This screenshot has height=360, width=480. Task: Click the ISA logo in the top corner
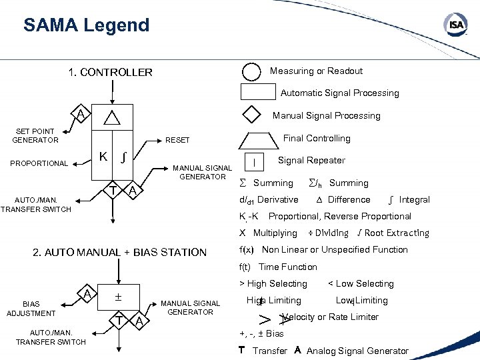coord(455,25)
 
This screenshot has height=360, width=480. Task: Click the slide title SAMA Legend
coord(86,26)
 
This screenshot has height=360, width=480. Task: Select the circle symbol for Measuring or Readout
coord(251,71)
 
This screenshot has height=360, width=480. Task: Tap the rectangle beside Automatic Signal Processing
coord(257,93)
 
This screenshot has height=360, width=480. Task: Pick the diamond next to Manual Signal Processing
coord(251,115)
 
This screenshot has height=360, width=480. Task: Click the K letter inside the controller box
coord(103,157)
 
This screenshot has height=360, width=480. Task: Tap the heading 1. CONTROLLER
coord(110,72)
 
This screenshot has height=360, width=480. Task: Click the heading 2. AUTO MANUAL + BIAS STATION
coord(120,252)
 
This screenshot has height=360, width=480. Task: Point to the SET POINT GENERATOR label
coord(35,135)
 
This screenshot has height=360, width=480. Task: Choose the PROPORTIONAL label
coord(39,163)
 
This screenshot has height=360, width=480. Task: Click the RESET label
coord(177,141)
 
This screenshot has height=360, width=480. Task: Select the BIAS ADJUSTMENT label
coord(31,309)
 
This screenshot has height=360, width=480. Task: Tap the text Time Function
coord(288,267)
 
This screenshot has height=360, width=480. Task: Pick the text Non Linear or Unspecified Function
coord(335,249)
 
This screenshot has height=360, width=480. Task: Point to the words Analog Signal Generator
coord(357,351)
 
